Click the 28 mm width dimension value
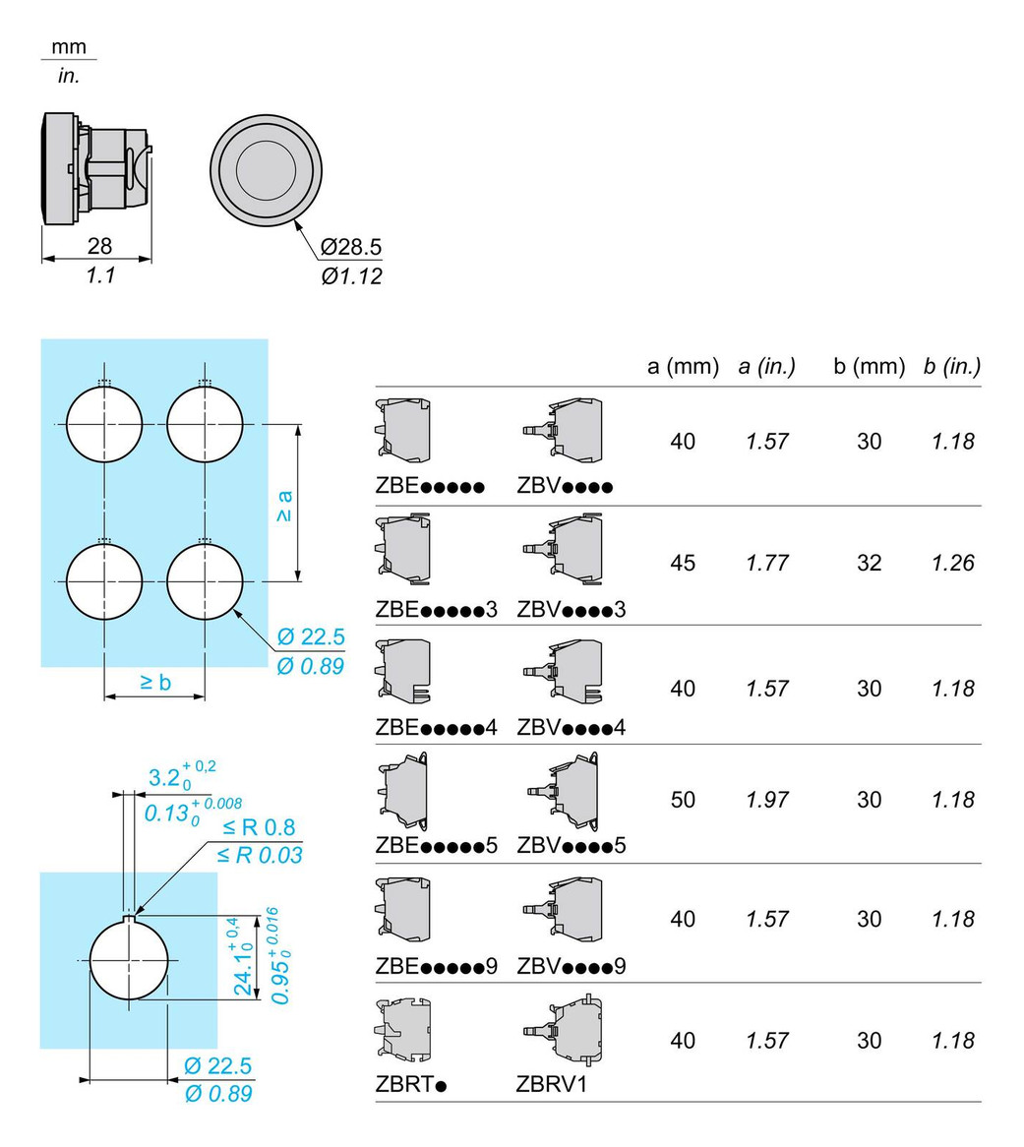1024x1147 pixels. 99,246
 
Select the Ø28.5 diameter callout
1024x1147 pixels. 351,247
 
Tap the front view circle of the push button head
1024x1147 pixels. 267,170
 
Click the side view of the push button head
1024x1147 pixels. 96,168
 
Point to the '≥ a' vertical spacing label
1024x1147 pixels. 284,507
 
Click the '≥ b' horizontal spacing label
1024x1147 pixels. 155,683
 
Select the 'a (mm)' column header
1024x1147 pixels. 683,366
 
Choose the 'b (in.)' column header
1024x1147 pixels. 952,366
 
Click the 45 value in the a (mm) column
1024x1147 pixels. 683,563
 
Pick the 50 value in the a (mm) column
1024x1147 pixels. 683,800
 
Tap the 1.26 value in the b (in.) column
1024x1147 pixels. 953,563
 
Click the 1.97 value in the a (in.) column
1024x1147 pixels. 767,800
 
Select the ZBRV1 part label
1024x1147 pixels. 552,1084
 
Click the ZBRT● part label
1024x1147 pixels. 411,1084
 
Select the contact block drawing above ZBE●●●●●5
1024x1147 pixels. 403,792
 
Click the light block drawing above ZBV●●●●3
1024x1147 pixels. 564,549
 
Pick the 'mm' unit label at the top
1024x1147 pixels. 69,47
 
